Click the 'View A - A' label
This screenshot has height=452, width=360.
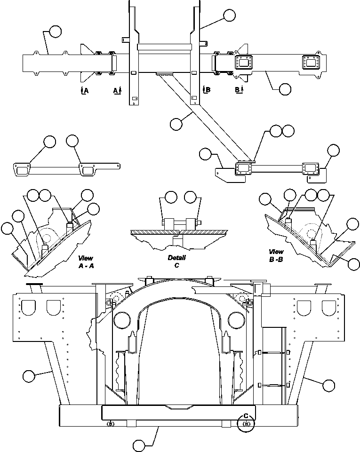click(86, 262)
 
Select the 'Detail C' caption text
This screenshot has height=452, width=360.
click(177, 261)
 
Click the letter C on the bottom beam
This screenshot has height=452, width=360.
click(246, 416)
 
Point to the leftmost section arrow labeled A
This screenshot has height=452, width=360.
click(84, 90)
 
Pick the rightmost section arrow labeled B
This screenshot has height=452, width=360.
click(239, 89)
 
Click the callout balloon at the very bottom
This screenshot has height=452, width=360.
click(139, 445)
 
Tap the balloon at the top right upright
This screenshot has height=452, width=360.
click(229, 16)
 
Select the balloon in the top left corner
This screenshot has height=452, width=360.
click(56, 32)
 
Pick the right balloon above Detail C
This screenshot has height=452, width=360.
click(190, 197)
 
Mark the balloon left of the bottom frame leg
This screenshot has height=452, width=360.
click(29, 376)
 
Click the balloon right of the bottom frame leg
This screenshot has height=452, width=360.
click(328, 385)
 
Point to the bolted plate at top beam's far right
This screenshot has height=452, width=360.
click(311, 63)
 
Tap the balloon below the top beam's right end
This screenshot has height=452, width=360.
click(285, 89)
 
